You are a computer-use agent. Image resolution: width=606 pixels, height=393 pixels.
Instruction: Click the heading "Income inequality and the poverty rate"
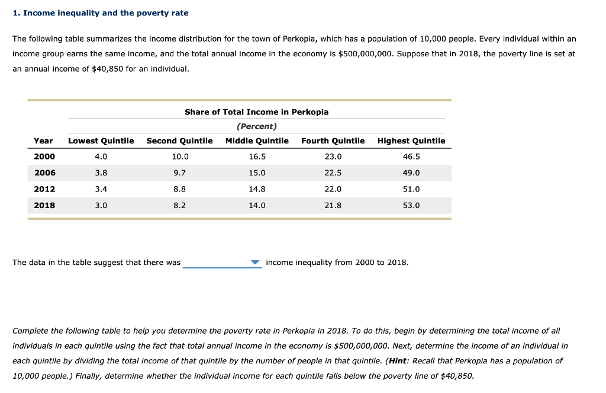pyautogui.click(x=105, y=13)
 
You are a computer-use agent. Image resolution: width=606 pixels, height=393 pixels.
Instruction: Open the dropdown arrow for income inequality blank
pyautogui.click(x=255, y=263)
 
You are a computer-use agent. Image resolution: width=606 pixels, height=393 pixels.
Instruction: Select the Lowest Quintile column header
pyautogui.click(x=101, y=140)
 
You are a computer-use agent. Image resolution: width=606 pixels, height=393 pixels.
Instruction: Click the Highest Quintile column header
pyautogui.click(x=411, y=140)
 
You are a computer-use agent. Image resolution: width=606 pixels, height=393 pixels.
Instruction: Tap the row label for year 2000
pyautogui.click(x=44, y=156)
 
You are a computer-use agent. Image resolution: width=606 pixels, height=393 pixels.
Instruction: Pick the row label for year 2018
pyautogui.click(x=44, y=205)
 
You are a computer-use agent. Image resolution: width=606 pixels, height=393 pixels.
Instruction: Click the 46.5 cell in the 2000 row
pyautogui.click(x=411, y=156)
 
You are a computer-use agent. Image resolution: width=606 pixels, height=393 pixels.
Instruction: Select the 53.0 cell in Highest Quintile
pyautogui.click(x=411, y=205)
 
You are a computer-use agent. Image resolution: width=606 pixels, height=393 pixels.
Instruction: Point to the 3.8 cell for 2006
pyautogui.click(x=101, y=172)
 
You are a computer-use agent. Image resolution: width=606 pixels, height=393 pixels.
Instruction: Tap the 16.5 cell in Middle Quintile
pyautogui.click(x=257, y=156)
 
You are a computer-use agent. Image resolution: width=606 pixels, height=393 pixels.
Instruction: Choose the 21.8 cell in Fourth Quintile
pyautogui.click(x=333, y=205)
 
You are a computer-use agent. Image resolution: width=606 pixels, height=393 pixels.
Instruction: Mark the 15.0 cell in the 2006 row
pyautogui.click(x=257, y=172)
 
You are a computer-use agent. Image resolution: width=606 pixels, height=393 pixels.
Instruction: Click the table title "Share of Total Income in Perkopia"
pyautogui.click(x=256, y=112)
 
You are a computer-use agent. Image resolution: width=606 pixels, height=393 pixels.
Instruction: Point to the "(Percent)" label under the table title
pyautogui.click(x=256, y=126)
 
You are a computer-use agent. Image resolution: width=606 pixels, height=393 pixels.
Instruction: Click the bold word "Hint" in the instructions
pyautogui.click(x=398, y=360)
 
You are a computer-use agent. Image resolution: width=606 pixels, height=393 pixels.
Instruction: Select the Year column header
pyautogui.click(x=43, y=140)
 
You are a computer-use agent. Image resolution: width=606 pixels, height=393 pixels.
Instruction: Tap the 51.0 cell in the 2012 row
pyautogui.click(x=411, y=189)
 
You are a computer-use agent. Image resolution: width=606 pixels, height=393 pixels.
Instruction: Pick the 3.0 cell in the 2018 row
pyautogui.click(x=101, y=205)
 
